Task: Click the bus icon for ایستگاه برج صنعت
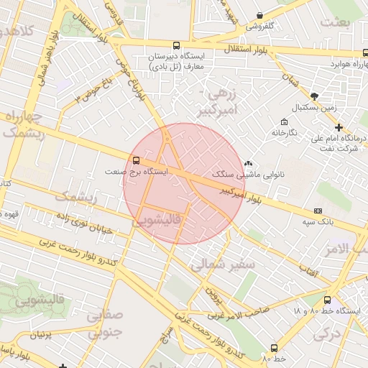click(136, 160)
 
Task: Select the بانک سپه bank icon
click(318, 211)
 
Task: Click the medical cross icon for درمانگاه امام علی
click(339, 127)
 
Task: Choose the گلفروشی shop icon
click(259, 16)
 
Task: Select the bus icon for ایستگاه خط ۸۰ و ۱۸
click(328, 300)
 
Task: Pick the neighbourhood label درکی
click(327, 333)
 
